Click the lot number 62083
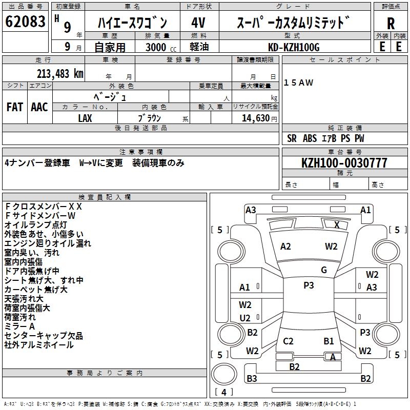click(26, 22)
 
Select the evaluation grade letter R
click(391, 24)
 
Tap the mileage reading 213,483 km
click(60, 74)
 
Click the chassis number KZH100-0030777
click(344, 163)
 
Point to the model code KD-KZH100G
click(294, 47)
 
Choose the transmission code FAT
click(15, 107)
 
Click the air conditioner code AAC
click(39, 107)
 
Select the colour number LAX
click(85, 118)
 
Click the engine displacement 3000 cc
click(159, 47)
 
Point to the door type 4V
click(198, 23)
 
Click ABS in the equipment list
click(310, 138)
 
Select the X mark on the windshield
click(337, 224)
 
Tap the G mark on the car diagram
click(323, 270)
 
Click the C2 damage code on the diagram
click(288, 341)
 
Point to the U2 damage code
click(245, 318)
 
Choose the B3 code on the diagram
click(251, 379)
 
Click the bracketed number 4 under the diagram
click(224, 393)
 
